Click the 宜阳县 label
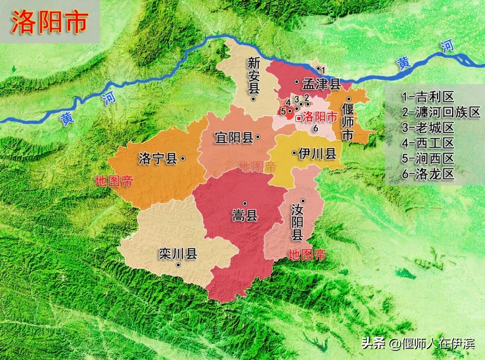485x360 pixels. (x=233, y=137)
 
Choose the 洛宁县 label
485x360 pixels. (x=157, y=159)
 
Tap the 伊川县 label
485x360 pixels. (x=317, y=154)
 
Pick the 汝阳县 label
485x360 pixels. (x=298, y=222)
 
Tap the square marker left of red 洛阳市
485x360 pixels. (x=299, y=118)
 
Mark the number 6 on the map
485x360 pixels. (x=315, y=128)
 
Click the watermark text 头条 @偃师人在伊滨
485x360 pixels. (x=417, y=344)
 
